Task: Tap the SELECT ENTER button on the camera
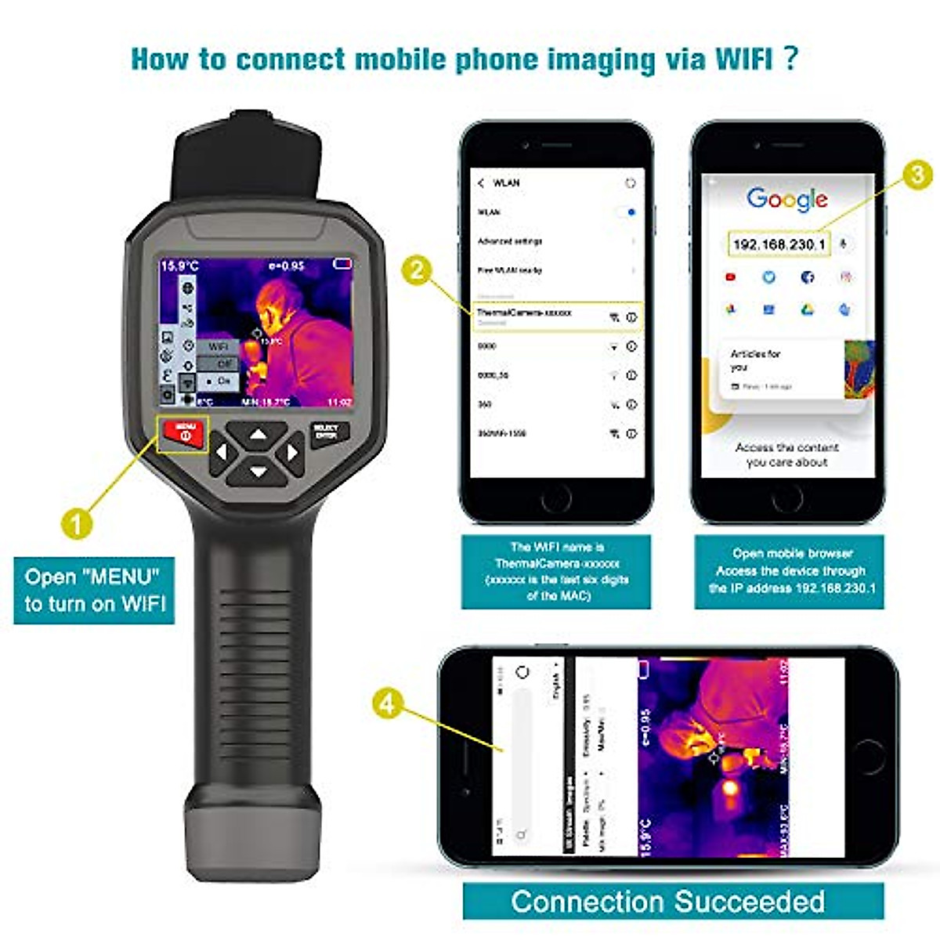326,433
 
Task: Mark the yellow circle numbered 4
387,703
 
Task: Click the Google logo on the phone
786,200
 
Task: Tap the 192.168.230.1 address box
779,244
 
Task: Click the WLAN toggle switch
627,212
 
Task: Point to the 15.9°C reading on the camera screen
180,266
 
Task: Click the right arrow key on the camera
291,453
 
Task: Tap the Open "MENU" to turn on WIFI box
94,590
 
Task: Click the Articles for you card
783,368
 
